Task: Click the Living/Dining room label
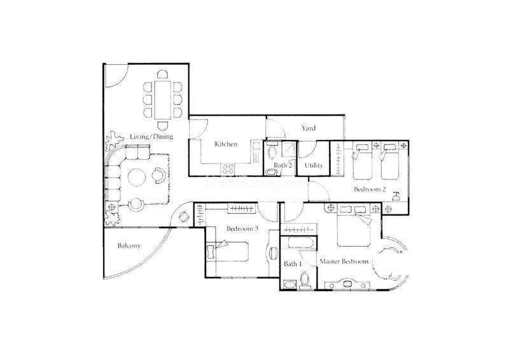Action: [x=151, y=137]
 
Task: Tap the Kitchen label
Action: [x=226, y=144]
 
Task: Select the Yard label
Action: [x=308, y=128]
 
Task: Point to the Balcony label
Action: [x=129, y=246]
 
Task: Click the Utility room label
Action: [x=314, y=165]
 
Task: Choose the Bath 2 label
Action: [x=282, y=165]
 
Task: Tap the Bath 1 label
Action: [x=293, y=264]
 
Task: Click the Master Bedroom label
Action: [x=344, y=261]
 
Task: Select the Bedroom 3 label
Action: [x=242, y=228]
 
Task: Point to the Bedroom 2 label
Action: [x=370, y=189]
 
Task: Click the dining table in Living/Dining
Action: [x=163, y=100]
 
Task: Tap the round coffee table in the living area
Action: [x=137, y=177]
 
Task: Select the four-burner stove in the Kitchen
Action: [x=228, y=169]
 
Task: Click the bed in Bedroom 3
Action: [x=228, y=251]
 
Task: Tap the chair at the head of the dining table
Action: [x=163, y=74]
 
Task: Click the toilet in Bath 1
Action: [x=305, y=280]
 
